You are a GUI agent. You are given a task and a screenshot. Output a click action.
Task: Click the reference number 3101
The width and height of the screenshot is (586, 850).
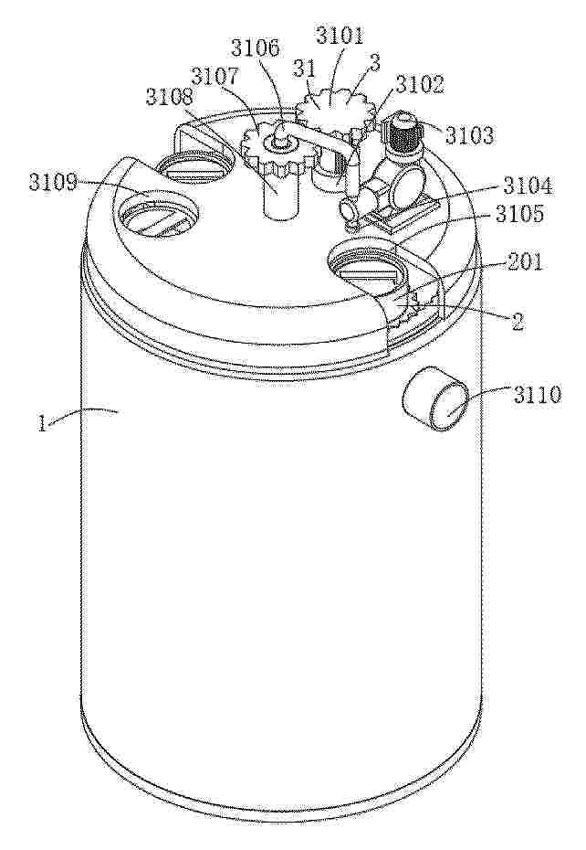340,37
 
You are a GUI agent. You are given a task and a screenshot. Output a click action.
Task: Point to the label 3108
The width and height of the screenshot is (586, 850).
169,97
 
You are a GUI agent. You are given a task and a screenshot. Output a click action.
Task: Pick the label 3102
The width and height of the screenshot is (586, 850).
420,84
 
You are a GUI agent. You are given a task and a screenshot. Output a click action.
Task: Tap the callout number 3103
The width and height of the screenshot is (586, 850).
469,135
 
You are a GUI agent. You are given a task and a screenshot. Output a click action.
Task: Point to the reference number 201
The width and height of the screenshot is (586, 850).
523,263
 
